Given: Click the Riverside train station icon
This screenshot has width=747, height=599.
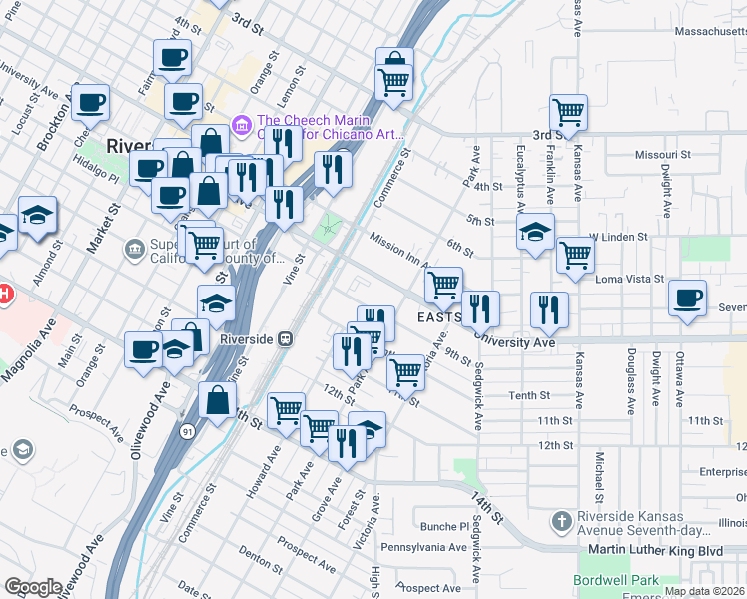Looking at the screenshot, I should [x=285, y=338].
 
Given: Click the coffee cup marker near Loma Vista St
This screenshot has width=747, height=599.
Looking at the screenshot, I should [x=687, y=298].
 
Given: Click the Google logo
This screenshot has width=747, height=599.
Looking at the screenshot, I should [x=33, y=587].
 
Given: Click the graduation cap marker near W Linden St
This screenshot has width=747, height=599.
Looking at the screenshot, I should [x=535, y=233].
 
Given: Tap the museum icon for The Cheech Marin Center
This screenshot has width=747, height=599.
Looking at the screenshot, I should [x=240, y=125].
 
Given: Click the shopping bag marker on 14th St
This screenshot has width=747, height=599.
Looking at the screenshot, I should [x=217, y=401].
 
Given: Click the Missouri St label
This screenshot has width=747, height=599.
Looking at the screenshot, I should [x=663, y=155].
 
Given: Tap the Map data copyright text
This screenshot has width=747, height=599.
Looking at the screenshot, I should [x=704, y=591].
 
